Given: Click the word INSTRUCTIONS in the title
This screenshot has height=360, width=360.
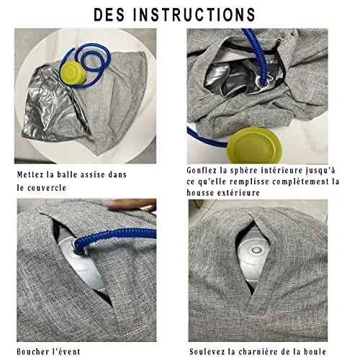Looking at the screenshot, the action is tap(194, 14).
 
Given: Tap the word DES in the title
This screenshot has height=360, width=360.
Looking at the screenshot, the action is tap(109, 14).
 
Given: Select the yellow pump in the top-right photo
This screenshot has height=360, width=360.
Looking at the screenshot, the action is tap(254, 145).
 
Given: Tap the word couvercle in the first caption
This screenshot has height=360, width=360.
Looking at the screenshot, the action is tap(47, 188).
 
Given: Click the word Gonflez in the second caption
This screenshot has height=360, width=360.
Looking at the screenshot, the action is tap(202, 171).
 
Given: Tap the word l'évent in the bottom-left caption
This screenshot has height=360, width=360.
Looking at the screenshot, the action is tap(66, 352).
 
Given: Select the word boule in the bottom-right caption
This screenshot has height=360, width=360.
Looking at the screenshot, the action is tap(315, 352).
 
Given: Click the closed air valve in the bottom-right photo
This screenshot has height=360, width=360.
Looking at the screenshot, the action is tap(256, 251).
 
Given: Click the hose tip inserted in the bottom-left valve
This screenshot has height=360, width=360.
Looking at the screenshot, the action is tap(78, 250).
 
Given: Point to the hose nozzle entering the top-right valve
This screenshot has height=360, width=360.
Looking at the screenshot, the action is tap(261, 82).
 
